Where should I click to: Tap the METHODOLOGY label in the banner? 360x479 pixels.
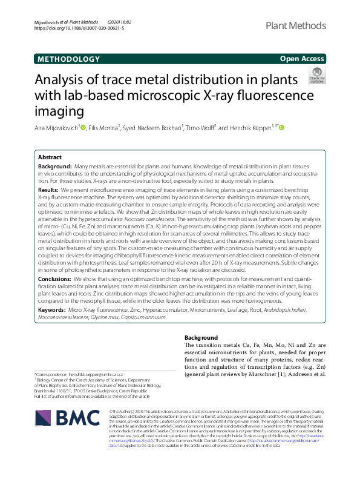tap(68, 59)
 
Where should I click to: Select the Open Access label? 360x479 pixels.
tap(302, 59)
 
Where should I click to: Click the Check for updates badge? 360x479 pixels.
tap(316, 76)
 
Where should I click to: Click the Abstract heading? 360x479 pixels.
tap(50, 156)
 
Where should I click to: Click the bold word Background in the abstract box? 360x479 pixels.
tap(55, 166)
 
